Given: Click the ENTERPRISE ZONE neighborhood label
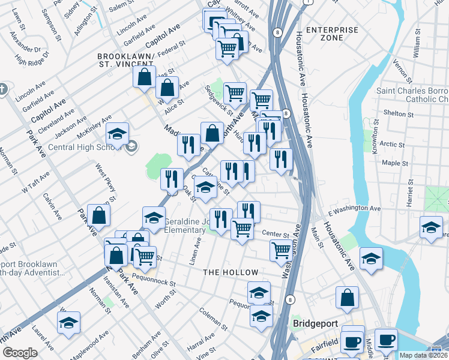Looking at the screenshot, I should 331,34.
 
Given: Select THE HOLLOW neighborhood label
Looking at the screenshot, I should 231,272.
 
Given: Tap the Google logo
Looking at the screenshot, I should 20,353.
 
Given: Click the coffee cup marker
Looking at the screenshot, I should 386,340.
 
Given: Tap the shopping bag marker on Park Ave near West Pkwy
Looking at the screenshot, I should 98,215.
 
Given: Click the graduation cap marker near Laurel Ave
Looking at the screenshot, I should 69,322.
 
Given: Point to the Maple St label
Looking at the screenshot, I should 395,163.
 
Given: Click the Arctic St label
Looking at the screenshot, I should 393,144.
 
